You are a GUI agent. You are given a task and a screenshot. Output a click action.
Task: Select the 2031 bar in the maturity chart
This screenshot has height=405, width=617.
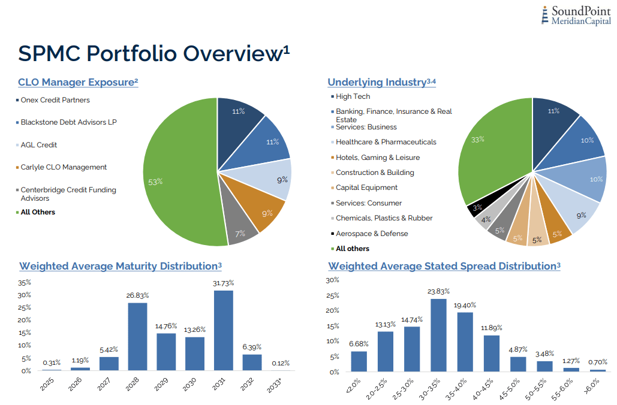point(223,330)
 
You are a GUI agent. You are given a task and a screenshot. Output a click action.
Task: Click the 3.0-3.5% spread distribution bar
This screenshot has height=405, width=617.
point(438,335)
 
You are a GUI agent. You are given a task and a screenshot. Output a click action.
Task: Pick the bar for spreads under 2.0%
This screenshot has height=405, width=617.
point(359,361)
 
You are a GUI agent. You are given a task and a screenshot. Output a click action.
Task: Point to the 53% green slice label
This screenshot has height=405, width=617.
point(155,182)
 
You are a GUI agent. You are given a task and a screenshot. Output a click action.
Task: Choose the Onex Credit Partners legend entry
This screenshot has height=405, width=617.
point(55,100)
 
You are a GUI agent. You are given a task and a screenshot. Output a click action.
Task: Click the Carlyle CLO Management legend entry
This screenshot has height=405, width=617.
point(64,167)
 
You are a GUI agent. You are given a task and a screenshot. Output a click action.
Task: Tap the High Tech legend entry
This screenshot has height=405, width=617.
point(353,96)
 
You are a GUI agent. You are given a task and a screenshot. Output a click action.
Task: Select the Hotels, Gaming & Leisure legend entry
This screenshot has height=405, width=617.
point(377,158)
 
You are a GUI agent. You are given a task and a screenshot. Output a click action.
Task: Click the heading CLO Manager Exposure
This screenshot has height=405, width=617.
point(78,82)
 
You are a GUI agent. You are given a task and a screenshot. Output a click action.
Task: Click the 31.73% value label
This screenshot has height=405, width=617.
point(223,283)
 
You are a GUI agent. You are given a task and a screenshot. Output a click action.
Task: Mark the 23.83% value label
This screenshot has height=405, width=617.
point(438,292)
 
